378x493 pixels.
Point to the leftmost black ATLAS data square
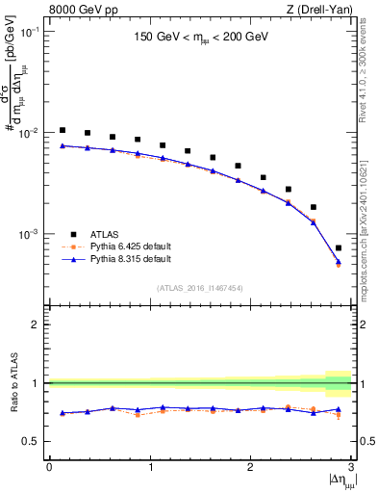tap(63, 130)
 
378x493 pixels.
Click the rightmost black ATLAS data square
tap(339, 247)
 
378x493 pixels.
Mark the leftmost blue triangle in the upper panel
tap(63, 145)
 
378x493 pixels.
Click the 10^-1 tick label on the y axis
tap(31, 32)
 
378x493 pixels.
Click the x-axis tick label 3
tap(351, 467)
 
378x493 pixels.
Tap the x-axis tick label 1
tap(150, 467)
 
